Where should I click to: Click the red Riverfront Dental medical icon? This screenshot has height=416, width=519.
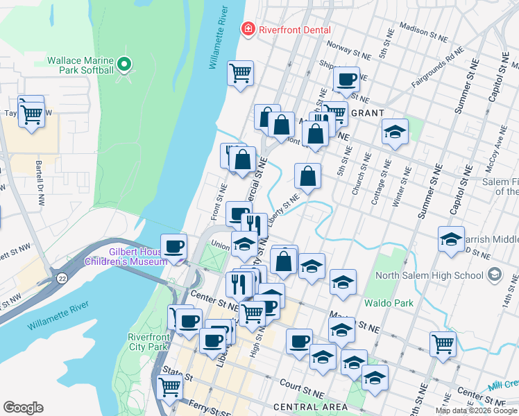[x=246, y=29]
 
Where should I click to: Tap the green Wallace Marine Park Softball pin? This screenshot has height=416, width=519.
[x=124, y=66]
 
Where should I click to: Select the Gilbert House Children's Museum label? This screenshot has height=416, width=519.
[x=126, y=257]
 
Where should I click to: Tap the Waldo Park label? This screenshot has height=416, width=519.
[x=389, y=303]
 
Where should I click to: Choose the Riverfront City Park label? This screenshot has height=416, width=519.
[x=148, y=341]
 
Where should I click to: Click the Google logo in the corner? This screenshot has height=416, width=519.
[x=23, y=408]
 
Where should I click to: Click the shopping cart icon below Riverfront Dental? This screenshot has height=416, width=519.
[x=240, y=72]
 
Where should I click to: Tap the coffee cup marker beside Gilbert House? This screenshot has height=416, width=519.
[x=173, y=245]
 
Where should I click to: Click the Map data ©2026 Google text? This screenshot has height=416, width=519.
[x=476, y=410]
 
